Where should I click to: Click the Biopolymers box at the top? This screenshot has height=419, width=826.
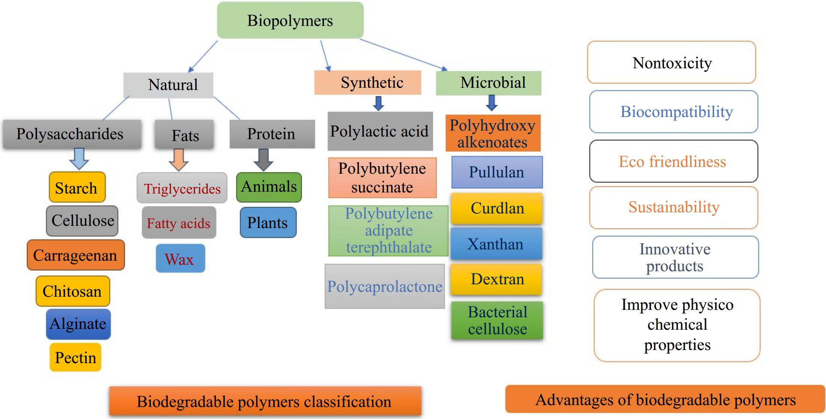290,20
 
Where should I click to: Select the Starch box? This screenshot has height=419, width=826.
77,187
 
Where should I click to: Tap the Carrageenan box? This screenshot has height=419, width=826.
75,255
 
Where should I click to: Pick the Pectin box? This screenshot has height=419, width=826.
75,357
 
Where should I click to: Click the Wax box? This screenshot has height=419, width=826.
180,258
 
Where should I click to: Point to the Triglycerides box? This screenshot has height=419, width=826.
182,188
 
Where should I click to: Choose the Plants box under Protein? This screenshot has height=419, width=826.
268,222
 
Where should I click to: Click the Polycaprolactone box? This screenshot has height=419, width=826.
385,286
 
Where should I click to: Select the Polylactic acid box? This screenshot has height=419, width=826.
380,131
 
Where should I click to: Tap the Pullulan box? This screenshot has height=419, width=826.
497,172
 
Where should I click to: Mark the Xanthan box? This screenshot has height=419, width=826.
496,244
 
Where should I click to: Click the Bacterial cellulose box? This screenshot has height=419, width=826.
497,320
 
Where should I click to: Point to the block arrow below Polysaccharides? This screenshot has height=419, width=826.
79,158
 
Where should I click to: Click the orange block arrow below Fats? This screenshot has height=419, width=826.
178,159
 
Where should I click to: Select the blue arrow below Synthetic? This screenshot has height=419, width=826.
379,103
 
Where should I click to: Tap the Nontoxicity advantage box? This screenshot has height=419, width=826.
672,63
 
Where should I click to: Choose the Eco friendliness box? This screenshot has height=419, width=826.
673,161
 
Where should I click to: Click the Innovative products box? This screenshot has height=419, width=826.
675,257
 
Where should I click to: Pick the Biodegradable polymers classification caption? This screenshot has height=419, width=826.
265,401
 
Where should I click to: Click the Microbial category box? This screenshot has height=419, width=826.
488,83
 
